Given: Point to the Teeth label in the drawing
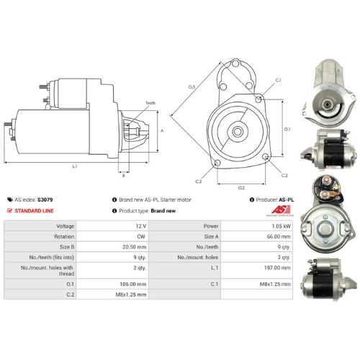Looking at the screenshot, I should [x=150, y=103].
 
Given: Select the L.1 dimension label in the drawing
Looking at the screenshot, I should [x=75, y=166].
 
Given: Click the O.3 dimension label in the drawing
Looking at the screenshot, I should [x=192, y=87].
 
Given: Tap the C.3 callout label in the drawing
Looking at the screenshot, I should [x=198, y=181].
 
